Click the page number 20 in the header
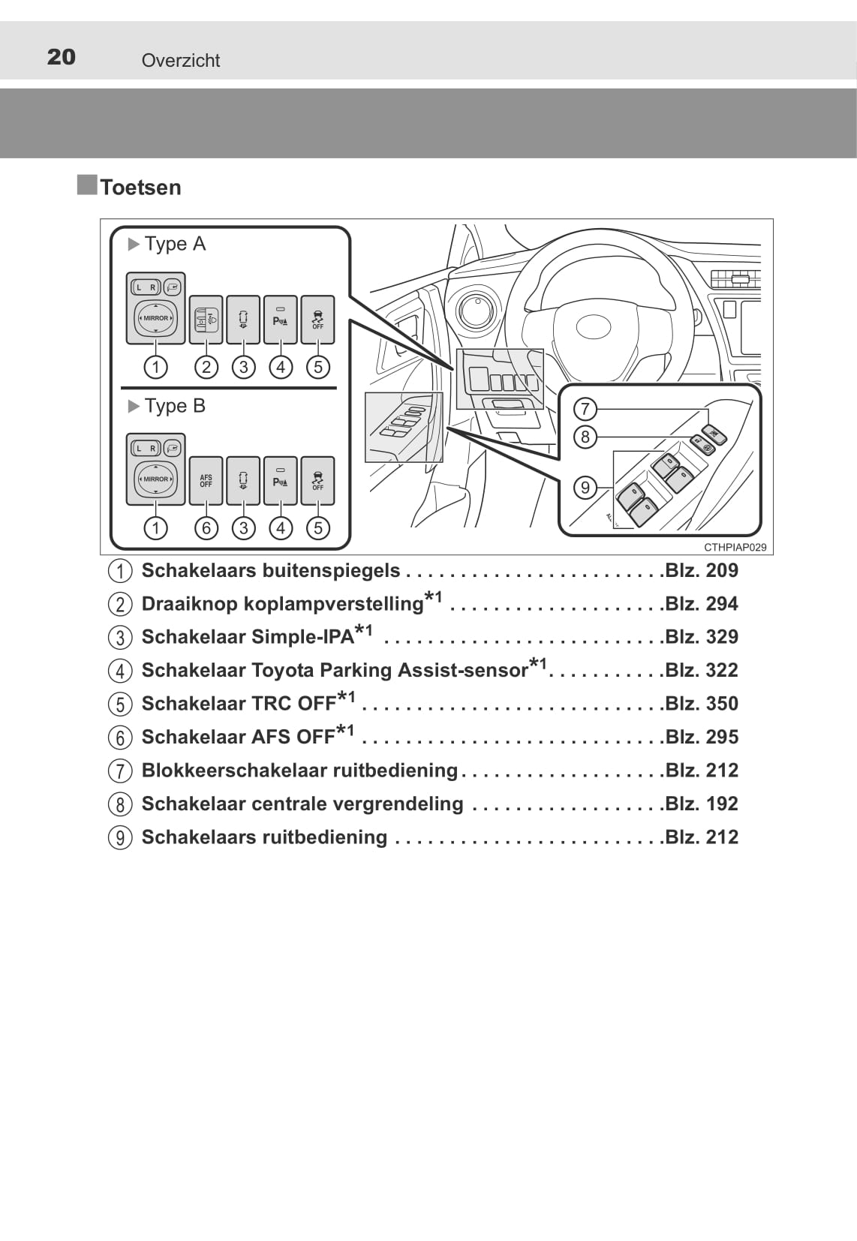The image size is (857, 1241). [61, 57]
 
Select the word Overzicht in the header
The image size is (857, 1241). [181, 60]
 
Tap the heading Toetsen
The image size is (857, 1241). [141, 188]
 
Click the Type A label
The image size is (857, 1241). [175, 244]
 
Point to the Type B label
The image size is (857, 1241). [175, 406]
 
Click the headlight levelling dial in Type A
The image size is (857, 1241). [206, 320]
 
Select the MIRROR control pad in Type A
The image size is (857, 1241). [155, 318]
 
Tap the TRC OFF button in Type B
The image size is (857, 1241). [317, 481]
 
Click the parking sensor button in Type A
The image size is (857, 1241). [281, 320]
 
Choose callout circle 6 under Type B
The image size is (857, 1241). [206, 528]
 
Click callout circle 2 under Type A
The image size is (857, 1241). [206, 367]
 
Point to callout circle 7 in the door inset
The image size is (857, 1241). [585, 410]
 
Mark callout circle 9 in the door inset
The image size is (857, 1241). [585, 488]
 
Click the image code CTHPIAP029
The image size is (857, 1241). [735, 548]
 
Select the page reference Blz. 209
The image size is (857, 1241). [702, 571]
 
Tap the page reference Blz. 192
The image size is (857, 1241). [702, 804]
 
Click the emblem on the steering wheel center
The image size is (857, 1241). [594, 327]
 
